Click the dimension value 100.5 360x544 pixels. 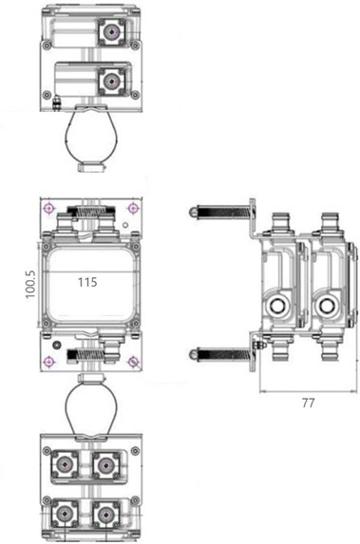30,285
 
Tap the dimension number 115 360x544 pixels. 87,282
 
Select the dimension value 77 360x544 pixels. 309,403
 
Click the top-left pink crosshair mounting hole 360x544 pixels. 49,209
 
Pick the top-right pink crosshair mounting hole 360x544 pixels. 133,208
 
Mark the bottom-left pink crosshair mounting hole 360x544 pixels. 49,362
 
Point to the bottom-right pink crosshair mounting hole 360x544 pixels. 133,362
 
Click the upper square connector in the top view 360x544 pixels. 111,32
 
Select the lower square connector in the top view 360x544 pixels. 111,82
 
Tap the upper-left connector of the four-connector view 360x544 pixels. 65,464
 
